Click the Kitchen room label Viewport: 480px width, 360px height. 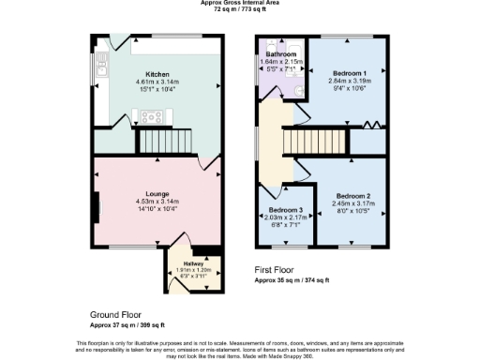click(x=156, y=73)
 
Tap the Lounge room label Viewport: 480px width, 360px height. click(x=157, y=194)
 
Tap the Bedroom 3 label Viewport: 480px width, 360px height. click(x=285, y=210)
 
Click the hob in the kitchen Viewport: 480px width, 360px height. click(x=151, y=117)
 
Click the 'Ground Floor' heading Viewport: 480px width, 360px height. click(x=117, y=316)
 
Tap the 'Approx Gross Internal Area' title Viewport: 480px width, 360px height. click(x=239, y=3)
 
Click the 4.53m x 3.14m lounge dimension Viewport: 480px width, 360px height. click(x=157, y=202)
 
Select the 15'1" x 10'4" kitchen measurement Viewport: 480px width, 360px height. click(x=157, y=88)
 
